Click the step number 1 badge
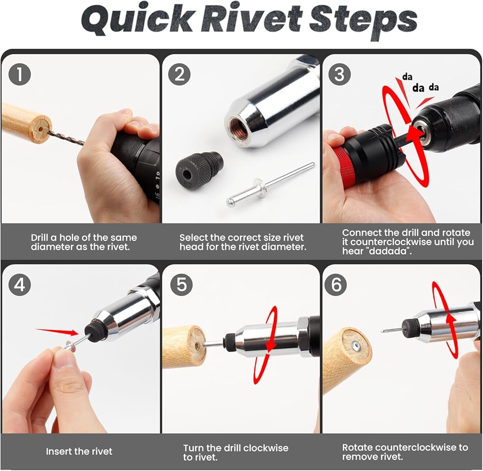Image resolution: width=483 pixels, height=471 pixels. click(x=20, y=74)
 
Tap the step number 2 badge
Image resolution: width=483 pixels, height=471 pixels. click(x=180, y=74)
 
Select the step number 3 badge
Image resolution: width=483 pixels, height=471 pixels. click(x=340, y=74)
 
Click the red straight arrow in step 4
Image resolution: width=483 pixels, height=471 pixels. click(x=57, y=332)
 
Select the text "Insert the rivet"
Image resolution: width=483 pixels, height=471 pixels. click(x=79, y=451)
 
